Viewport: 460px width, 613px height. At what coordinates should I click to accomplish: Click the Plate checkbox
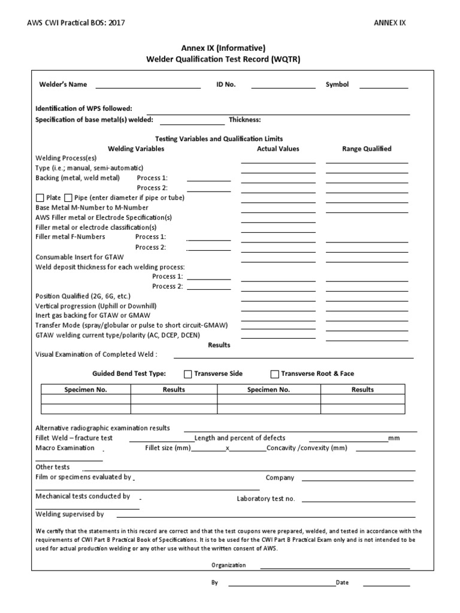pyautogui.click(x=40, y=198)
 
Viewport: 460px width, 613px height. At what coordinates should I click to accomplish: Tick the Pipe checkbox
pyautogui.click(x=68, y=198)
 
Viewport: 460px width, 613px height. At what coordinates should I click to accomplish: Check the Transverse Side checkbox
pyautogui.click(x=188, y=374)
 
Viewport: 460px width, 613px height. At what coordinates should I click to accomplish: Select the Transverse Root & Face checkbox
pyautogui.click(x=275, y=374)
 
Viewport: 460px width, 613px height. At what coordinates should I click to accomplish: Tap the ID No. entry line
pyautogui.click(x=283, y=87)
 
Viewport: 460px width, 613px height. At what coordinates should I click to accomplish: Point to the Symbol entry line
pyautogui.click(x=383, y=87)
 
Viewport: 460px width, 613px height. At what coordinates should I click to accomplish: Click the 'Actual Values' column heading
pyautogui.click(x=278, y=149)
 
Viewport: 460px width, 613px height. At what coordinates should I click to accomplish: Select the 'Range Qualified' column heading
pyautogui.click(x=367, y=149)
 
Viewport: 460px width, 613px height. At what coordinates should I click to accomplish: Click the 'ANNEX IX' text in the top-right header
pyautogui.click(x=390, y=23)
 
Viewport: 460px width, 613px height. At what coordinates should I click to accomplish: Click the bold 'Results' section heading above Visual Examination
pyautogui.click(x=219, y=345)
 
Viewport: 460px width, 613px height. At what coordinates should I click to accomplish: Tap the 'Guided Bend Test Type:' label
pyautogui.click(x=129, y=374)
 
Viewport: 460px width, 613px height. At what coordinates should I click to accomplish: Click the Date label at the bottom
pyautogui.click(x=342, y=582)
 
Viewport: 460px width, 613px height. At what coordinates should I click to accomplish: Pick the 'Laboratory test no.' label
pyautogui.click(x=266, y=499)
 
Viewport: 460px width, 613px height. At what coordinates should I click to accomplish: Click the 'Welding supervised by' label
pyautogui.click(x=69, y=514)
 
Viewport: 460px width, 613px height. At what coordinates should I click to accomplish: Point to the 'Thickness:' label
pyautogui.click(x=244, y=120)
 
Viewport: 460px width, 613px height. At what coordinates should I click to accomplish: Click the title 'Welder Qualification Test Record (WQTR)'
pyautogui.click(x=223, y=59)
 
